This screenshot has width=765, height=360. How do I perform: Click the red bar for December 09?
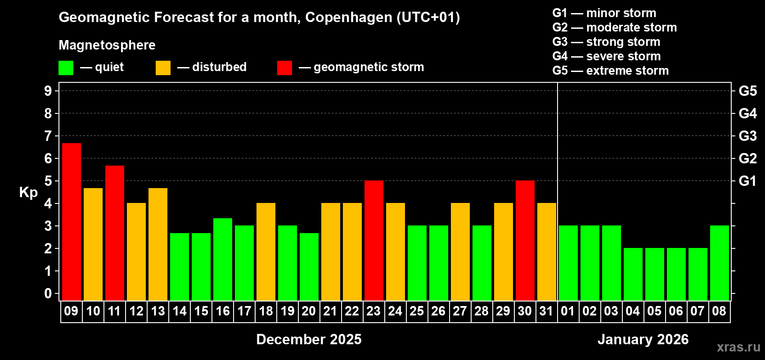pyautogui.click(x=72, y=221)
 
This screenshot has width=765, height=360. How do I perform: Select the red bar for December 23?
pyautogui.click(x=374, y=240)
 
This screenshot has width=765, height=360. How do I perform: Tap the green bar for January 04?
pyautogui.click(x=633, y=274)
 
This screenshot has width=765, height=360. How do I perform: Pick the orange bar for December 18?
pyautogui.click(x=266, y=252)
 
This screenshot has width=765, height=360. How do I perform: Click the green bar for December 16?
pyautogui.click(x=223, y=259)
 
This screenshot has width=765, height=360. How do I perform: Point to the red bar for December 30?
pyautogui.click(x=525, y=240)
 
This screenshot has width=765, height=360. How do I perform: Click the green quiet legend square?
pyautogui.click(x=66, y=68)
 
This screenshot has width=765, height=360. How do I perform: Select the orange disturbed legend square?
pyautogui.click(x=163, y=68)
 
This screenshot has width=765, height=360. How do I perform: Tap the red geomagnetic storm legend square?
pyautogui.click(x=284, y=68)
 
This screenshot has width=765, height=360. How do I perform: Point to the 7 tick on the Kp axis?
pyautogui.click(x=48, y=136)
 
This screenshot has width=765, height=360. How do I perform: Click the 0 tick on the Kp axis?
pyautogui.click(x=48, y=294)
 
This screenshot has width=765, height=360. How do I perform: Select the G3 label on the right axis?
pyautogui.click(x=747, y=136)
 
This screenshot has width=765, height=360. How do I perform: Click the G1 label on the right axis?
pyautogui.click(x=747, y=181)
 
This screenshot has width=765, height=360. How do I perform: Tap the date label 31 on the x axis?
pyautogui.click(x=546, y=311)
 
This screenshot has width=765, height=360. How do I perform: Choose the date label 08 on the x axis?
pyautogui.click(x=719, y=311)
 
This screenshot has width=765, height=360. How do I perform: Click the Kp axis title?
pyautogui.click(x=28, y=193)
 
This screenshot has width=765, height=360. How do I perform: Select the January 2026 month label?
pyautogui.click(x=643, y=339)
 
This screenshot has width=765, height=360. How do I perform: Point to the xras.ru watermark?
pyautogui.click(x=738, y=346)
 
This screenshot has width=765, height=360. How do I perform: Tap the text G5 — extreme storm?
pyautogui.click(x=610, y=71)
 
